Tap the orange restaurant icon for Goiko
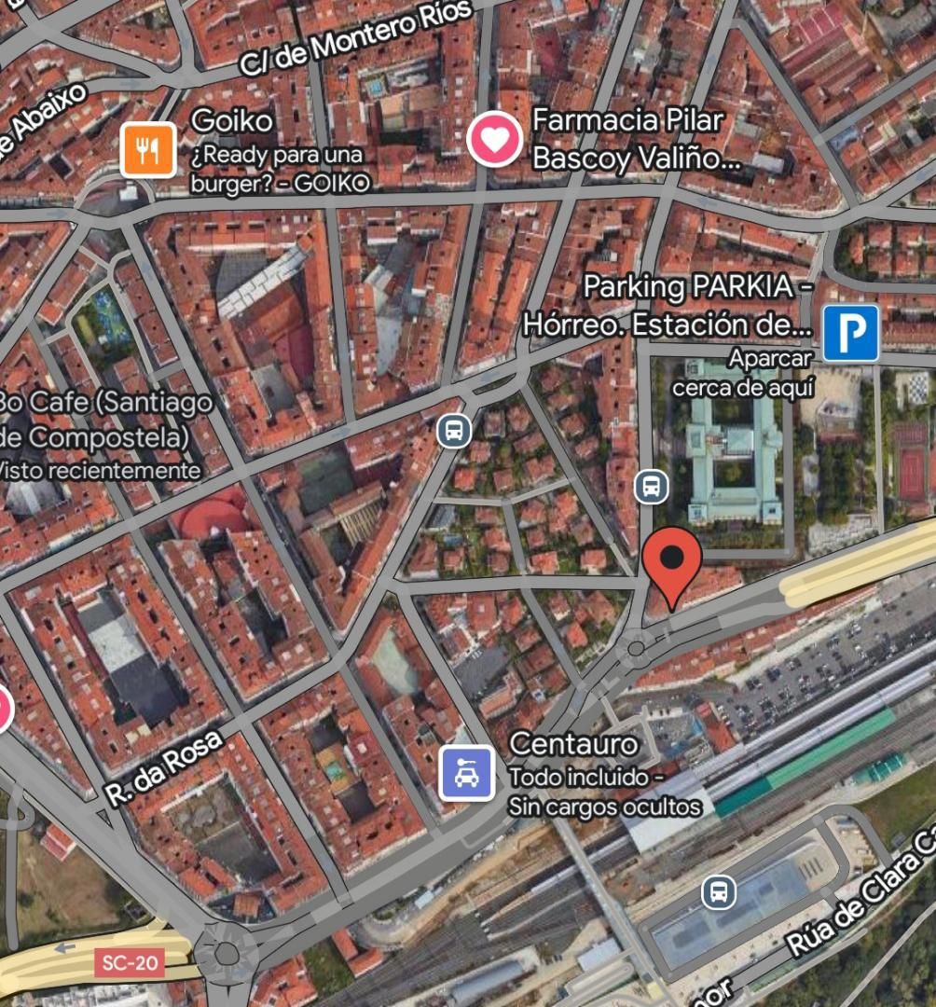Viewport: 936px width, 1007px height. point(147,149)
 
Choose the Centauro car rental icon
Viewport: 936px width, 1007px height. point(466,773)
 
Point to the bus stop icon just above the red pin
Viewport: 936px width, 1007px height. point(651,486)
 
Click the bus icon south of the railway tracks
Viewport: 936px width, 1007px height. point(718,891)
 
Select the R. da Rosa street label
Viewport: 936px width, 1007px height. point(163,766)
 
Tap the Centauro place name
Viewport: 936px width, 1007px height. point(573,744)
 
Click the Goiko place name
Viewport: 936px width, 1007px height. point(232,120)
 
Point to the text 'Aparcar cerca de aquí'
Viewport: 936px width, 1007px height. point(743,372)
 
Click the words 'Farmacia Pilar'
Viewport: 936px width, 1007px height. point(627,120)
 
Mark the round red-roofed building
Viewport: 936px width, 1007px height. point(213,516)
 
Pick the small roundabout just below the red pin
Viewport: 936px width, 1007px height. point(638,646)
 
